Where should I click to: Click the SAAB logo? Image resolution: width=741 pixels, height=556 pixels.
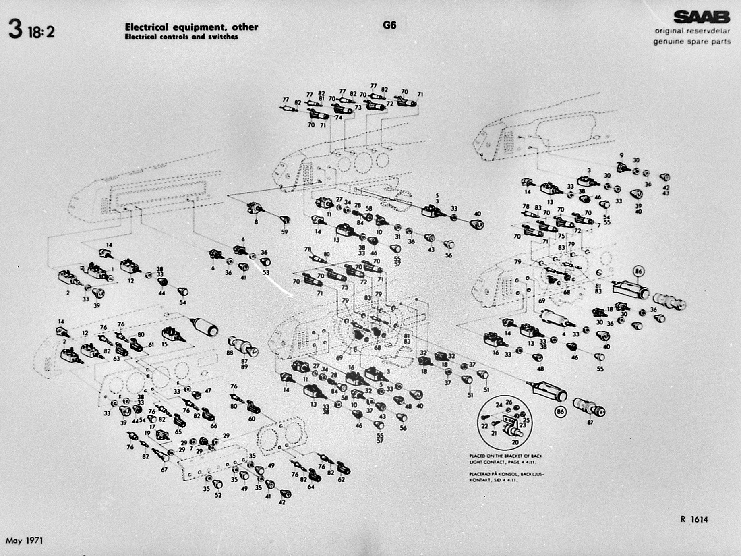pos(702,17)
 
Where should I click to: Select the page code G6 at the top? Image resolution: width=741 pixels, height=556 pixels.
pos(389,25)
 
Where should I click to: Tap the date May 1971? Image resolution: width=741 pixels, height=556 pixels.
pos(24,540)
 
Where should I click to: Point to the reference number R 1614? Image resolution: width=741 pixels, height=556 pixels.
pos(694,519)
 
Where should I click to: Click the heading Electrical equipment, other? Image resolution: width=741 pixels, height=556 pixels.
pos(191,27)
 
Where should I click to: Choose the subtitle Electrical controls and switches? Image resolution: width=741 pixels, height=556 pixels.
pos(181,37)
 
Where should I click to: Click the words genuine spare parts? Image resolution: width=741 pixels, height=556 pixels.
pos(691,41)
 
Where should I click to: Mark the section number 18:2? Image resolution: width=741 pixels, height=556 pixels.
pos(41,32)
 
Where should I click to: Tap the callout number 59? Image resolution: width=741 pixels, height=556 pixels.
pos(284,232)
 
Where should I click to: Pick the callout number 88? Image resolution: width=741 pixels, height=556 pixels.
pos(230,353)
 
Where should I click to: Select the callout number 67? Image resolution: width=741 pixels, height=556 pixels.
pos(164,469)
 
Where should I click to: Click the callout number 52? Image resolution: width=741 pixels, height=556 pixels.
pos(218,495)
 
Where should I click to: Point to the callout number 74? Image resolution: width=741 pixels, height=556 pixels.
pos(339,118)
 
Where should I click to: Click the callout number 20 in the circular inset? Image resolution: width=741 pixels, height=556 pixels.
pos(515,442)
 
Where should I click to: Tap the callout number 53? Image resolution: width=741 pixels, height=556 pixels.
pos(266,272)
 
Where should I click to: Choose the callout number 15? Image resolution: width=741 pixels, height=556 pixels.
pos(164,344)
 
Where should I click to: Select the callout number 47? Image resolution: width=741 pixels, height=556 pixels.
pos(208,391)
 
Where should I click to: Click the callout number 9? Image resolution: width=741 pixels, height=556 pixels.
pos(621,155)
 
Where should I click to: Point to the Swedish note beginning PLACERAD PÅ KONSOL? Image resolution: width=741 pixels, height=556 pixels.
pos(506,477)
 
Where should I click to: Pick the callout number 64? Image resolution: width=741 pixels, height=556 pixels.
pos(311,486)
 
